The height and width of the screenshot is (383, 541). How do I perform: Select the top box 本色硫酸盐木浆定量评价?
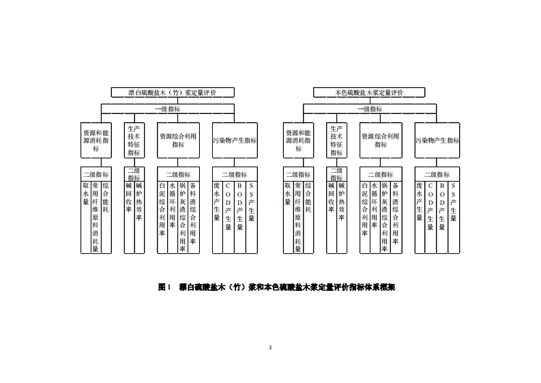click(369, 91)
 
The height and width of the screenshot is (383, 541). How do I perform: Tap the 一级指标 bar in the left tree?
click(167, 109)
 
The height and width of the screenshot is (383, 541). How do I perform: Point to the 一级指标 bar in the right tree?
click(369, 109)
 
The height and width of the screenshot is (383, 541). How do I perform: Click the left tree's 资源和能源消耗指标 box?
click(96, 139)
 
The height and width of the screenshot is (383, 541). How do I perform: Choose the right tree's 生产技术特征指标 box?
click(336, 139)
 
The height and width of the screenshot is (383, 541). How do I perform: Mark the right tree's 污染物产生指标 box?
click(437, 139)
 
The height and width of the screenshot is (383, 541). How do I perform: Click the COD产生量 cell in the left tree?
click(229, 205)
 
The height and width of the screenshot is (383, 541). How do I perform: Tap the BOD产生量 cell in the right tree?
click(442, 205)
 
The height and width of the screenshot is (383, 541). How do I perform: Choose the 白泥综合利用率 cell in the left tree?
click(162, 208)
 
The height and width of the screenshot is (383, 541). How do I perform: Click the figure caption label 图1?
click(163, 287)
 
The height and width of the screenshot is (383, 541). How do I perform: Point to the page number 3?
click(270, 348)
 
